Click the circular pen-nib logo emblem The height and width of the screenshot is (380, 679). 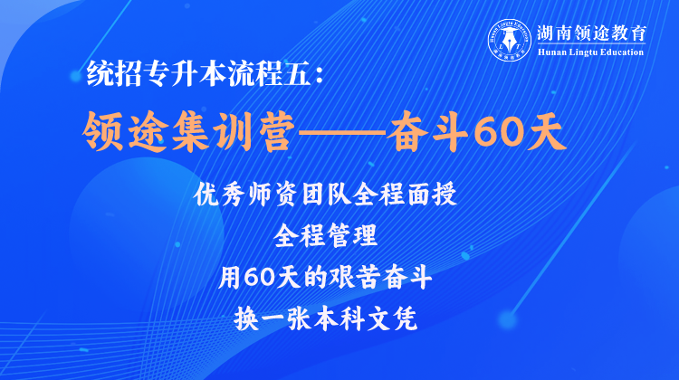tap(510, 40)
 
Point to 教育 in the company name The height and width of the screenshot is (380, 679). tap(630, 33)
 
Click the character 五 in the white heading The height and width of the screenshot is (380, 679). tap(298, 72)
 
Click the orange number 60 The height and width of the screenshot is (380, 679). tap(497, 132)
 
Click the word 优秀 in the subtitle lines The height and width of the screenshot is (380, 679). tap(220, 195)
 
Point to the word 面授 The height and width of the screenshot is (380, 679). tap(432, 195)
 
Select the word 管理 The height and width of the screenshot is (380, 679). tap(352, 236)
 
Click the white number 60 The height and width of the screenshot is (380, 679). tap(260, 278)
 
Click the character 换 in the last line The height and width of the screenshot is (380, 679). tap(246, 319)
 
